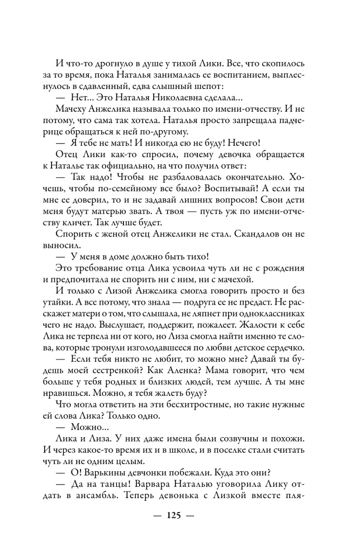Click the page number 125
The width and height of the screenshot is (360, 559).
point(180,515)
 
